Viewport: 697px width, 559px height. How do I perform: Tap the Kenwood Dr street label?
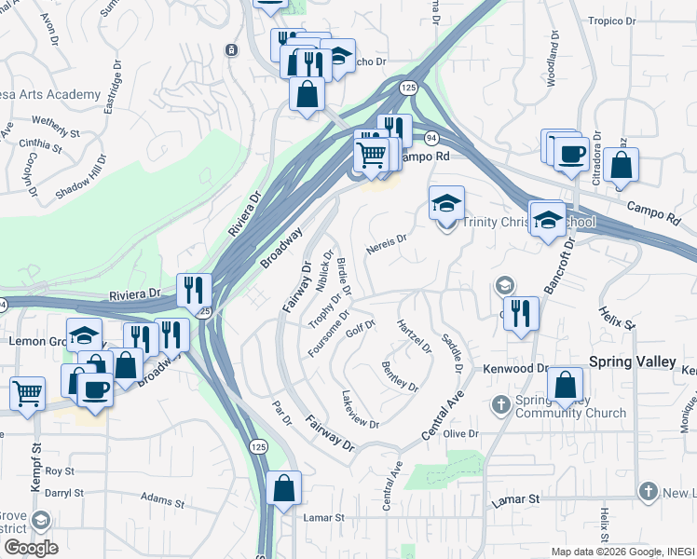[x=514, y=369]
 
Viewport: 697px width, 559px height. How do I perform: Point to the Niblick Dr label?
[x=325, y=271]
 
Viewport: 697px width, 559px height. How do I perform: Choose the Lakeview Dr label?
[x=360, y=411]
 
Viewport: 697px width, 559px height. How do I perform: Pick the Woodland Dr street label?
[x=553, y=61]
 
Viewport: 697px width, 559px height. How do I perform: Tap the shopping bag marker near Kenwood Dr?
[x=565, y=384]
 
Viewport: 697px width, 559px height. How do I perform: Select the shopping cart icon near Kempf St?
[x=27, y=393]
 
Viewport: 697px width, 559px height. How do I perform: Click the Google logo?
[x=31, y=547]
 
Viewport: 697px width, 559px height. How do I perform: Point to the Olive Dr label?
[x=460, y=434]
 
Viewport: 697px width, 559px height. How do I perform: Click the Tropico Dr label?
[x=611, y=20]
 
